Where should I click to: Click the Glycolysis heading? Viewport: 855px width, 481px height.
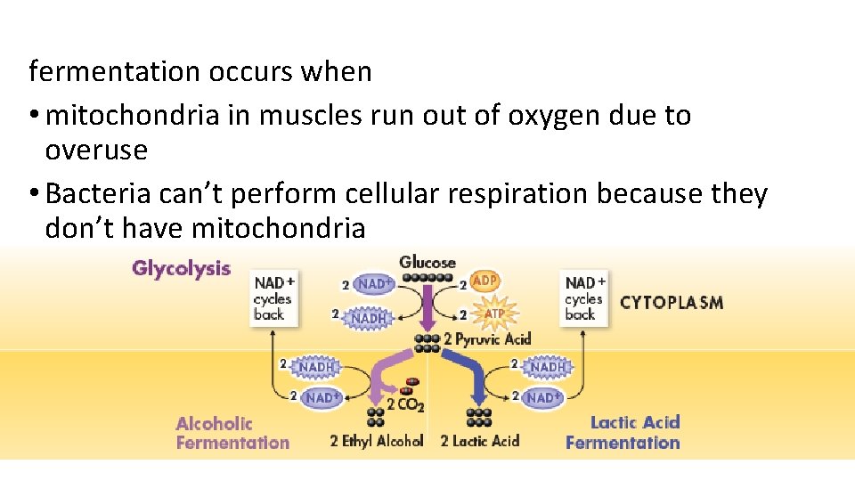pyautogui.click(x=181, y=268)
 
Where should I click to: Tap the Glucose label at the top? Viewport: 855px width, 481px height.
pyautogui.click(x=427, y=262)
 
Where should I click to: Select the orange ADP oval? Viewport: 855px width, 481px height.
pyautogui.click(x=484, y=281)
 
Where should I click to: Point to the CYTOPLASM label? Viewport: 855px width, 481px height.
pyautogui.click(x=671, y=302)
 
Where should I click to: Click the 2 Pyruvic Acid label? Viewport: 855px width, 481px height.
pyautogui.click(x=487, y=338)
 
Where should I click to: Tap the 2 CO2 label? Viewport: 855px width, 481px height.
pyautogui.click(x=405, y=405)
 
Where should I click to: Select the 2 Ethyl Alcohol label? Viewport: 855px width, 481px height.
pyautogui.click(x=376, y=441)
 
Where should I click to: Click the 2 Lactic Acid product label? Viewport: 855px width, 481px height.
pyautogui.click(x=480, y=441)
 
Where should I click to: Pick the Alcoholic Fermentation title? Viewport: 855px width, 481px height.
pyautogui.click(x=232, y=433)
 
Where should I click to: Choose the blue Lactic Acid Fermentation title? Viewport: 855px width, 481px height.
pyautogui.click(x=623, y=432)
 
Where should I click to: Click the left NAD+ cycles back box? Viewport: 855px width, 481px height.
pyautogui.click(x=274, y=298)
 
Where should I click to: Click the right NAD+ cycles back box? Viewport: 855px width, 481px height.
pyautogui.click(x=585, y=298)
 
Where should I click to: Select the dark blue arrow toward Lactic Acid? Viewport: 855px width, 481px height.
pyautogui.click(x=468, y=374)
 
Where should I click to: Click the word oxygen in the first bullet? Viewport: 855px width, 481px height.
pyautogui.click(x=550, y=115)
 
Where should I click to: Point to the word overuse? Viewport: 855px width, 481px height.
pyautogui.click(x=96, y=150)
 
